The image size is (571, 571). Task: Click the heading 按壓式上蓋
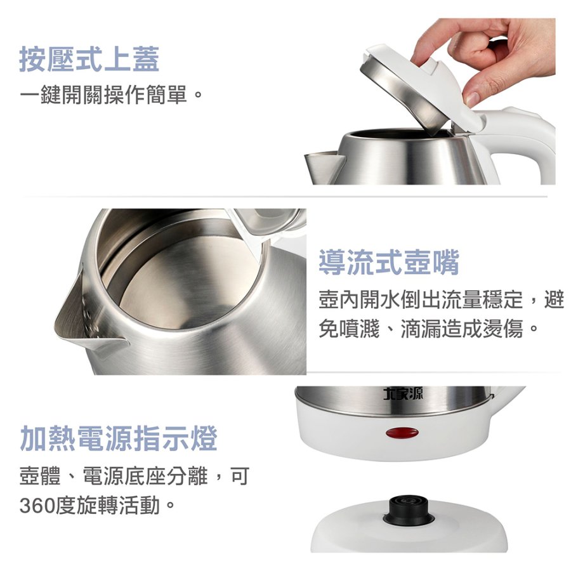[x=89, y=60]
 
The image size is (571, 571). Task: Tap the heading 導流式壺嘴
[x=388, y=262]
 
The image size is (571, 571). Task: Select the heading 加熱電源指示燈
[x=119, y=438]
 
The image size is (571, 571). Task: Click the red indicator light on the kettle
[x=402, y=433]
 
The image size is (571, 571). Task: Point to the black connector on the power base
[x=407, y=510]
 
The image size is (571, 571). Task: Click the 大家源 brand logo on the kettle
[x=404, y=393]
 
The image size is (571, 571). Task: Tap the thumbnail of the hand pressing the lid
[x=430, y=102]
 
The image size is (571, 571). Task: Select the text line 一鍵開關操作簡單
[x=103, y=95]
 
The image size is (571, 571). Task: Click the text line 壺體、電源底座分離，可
[x=134, y=476]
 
